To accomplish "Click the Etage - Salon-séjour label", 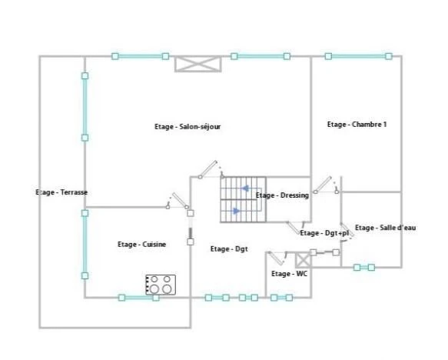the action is (x=187, y=127).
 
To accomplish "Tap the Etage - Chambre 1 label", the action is (x=357, y=125).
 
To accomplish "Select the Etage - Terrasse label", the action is (x=61, y=192).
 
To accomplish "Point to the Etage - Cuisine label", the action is (x=141, y=244).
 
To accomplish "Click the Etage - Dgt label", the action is (x=229, y=249).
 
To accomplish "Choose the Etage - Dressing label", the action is (x=282, y=195).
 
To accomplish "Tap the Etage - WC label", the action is (x=289, y=274).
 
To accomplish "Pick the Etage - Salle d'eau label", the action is (x=386, y=228).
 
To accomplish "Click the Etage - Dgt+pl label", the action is (x=324, y=233).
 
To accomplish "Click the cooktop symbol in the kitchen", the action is (x=161, y=285).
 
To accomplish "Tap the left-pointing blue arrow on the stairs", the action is (x=245, y=188).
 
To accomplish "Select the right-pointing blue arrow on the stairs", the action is (x=236, y=211).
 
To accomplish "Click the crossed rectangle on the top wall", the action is (x=198, y=64).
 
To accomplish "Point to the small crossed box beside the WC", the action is (x=303, y=260).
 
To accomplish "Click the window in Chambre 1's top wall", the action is (x=358, y=56).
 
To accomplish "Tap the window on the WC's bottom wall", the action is (x=281, y=298).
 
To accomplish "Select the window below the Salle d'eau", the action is (x=364, y=268).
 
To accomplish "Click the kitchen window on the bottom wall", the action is (x=138, y=298).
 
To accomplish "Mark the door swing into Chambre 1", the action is (x=326, y=185).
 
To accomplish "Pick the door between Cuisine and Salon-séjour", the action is (x=178, y=201).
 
